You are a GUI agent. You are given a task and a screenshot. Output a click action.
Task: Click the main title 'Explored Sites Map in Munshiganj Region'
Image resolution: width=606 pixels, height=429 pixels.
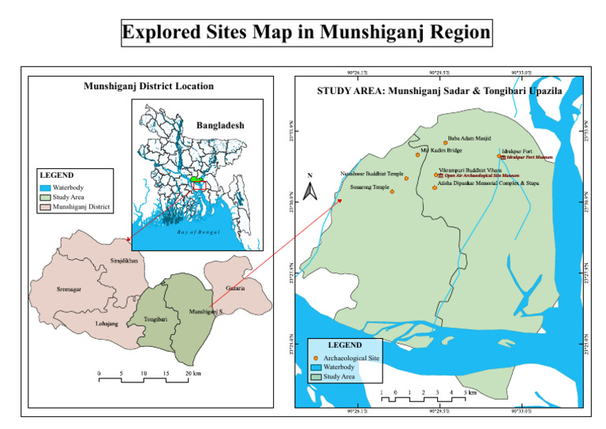pyautogui.click(x=306, y=33)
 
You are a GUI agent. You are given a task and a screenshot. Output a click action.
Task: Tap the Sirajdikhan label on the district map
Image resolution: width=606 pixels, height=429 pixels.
pyautogui.click(x=123, y=260)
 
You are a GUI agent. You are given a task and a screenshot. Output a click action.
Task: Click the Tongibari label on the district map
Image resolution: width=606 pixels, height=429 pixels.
pyautogui.click(x=156, y=318)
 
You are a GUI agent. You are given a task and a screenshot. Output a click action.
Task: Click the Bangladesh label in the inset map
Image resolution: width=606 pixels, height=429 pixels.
pyautogui.click(x=220, y=126)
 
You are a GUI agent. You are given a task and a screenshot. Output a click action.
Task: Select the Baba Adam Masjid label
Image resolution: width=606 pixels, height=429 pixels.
pyautogui.click(x=469, y=138)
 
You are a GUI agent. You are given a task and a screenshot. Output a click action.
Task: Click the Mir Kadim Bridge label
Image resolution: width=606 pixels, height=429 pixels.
pyautogui.click(x=441, y=149)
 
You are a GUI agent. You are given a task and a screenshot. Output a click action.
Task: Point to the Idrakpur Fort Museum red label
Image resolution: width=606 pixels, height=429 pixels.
pyautogui.click(x=529, y=158)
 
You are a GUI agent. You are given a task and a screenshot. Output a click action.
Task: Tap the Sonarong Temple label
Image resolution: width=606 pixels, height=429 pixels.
pyautogui.click(x=369, y=187)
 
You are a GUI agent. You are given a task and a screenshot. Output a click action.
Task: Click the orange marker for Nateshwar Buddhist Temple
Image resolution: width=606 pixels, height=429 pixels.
pyautogui.click(x=406, y=179)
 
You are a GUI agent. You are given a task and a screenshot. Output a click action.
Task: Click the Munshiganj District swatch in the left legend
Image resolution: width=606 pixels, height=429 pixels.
pyautogui.click(x=45, y=207)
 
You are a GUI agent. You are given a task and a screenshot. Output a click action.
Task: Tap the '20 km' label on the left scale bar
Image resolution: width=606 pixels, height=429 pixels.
pyautogui.click(x=193, y=371)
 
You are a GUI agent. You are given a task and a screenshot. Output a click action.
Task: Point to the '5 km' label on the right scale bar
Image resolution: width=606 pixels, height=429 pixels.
pyautogui.click(x=469, y=392)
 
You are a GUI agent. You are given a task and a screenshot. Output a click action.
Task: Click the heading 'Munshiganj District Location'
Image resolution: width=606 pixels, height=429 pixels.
pyautogui.click(x=148, y=85)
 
